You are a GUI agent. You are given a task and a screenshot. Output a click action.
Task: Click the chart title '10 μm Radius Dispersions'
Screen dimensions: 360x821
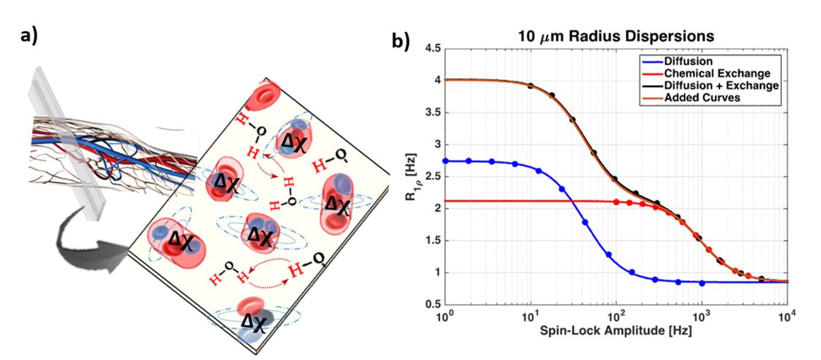click(615, 36)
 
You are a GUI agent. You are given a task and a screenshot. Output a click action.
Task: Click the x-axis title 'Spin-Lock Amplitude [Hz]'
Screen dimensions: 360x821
click(615, 331)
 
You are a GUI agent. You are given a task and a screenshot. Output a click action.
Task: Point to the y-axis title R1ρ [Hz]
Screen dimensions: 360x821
click(409, 177)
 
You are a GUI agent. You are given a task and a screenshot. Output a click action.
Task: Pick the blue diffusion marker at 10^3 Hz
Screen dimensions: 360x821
click(701, 283)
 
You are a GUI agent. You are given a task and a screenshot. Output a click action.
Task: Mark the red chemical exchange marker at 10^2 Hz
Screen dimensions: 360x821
click(617, 202)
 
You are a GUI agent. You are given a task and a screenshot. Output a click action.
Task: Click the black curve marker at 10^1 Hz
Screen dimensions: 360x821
click(530, 86)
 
